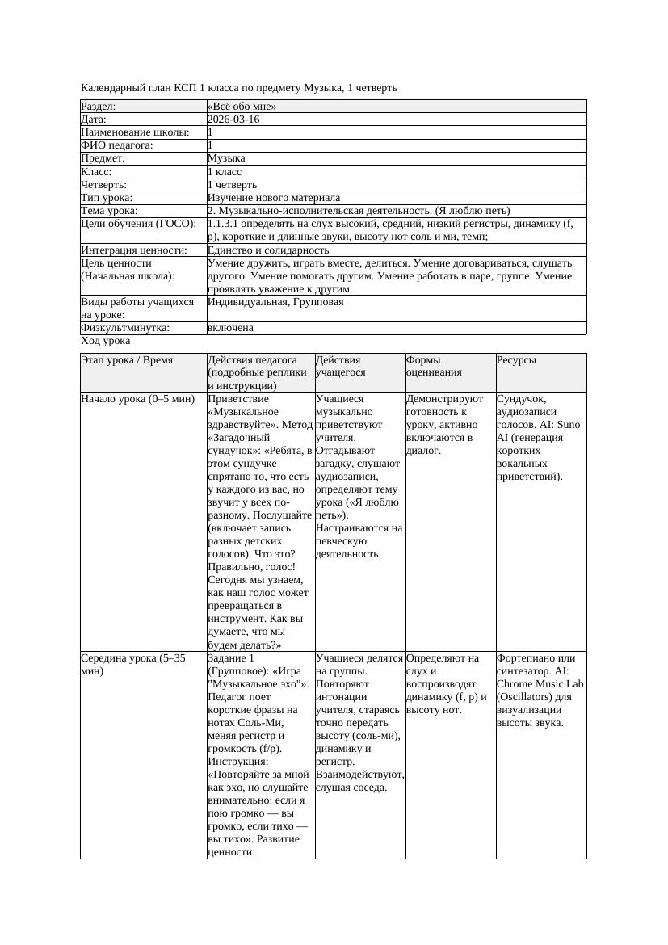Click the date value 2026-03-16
point(233,120)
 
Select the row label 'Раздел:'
point(99,107)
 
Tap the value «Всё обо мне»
point(242,107)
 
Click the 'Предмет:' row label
point(103,159)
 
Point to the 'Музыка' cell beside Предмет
point(226,159)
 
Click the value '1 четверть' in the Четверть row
point(232,185)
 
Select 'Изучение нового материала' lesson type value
point(274,198)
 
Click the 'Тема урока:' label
point(109,211)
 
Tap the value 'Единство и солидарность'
point(268,250)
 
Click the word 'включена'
point(230,328)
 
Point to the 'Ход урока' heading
point(105,341)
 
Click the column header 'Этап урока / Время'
point(127,360)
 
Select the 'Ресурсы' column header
point(516,360)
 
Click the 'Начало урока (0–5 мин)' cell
point(138,399)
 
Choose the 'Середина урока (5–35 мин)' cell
point(133,665)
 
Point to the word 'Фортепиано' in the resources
point(526,658)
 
